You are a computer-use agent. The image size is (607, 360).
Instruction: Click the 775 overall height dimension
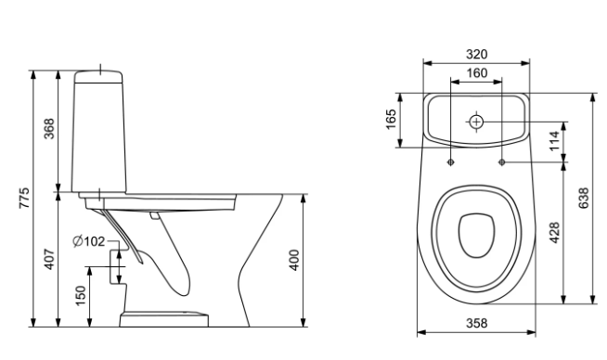(x=24, y=199)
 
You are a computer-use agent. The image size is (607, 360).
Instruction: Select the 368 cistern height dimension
(x=49, y=129)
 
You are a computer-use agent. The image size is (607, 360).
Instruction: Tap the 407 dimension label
(x=49, y=260)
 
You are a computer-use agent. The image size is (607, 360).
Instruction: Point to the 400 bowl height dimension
(x=294, y=260)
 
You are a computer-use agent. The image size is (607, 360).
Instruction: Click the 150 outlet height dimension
(x=80, y=295)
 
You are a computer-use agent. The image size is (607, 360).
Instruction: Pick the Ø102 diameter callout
(x=89, y=241)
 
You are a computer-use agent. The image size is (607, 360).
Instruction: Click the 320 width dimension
(x=476, y=54)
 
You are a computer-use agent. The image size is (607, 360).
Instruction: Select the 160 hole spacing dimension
(x=476, y=72)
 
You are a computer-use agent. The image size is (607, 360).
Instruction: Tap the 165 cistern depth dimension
(x=392, y=119)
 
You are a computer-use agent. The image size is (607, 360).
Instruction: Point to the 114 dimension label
(x=555, y=141)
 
